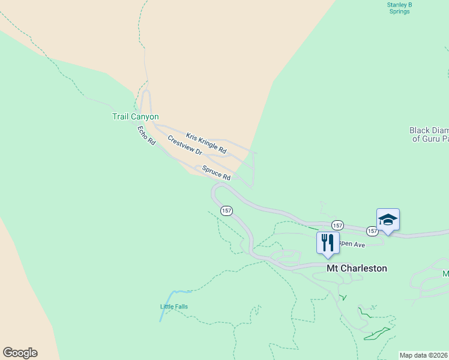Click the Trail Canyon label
coord(135,116)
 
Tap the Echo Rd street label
coord(146,135)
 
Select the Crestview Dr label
coord(184,145)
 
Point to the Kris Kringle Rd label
coord(206,142)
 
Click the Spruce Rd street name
coord(216,173)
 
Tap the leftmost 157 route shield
coord(226,211)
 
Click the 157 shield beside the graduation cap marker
coord(373,231)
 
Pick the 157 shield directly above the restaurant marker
coord(337,225)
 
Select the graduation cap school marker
coord(388,220)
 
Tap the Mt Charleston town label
coord(357,268)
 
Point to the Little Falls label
coord(174,307)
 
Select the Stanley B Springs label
coord(399,8)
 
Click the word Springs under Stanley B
coord(399,11)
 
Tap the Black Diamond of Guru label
coord(429,134)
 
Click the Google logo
coord(20,353)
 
